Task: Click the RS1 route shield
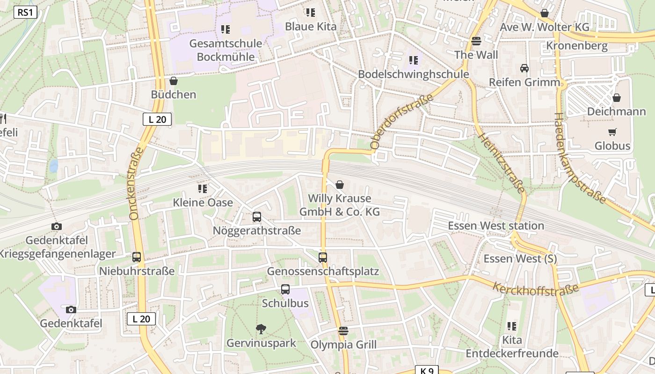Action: click(25, 12)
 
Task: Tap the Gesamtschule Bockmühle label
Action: click(226, 50)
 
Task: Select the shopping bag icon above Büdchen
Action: click(174, 81)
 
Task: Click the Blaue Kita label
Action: click(311, 26)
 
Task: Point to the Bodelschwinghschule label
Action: click(413, 74)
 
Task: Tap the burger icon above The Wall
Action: click(476, 41)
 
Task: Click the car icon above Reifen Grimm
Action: click(524, 68)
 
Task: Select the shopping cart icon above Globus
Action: click(612, 132)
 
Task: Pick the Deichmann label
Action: click(616, 112)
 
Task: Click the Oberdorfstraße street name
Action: click(401, 122)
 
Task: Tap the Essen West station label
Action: click(496, 226)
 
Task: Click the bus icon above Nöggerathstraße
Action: click(257, 217)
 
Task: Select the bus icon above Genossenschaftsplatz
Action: click(323, 257)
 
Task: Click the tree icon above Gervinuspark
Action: click(261, 329)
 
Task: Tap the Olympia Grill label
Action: click(343, 345)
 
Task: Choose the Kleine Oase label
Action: click(203, 202)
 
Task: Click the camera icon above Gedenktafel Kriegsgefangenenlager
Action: click(57, 227)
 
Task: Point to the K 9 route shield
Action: click(427, 370)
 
